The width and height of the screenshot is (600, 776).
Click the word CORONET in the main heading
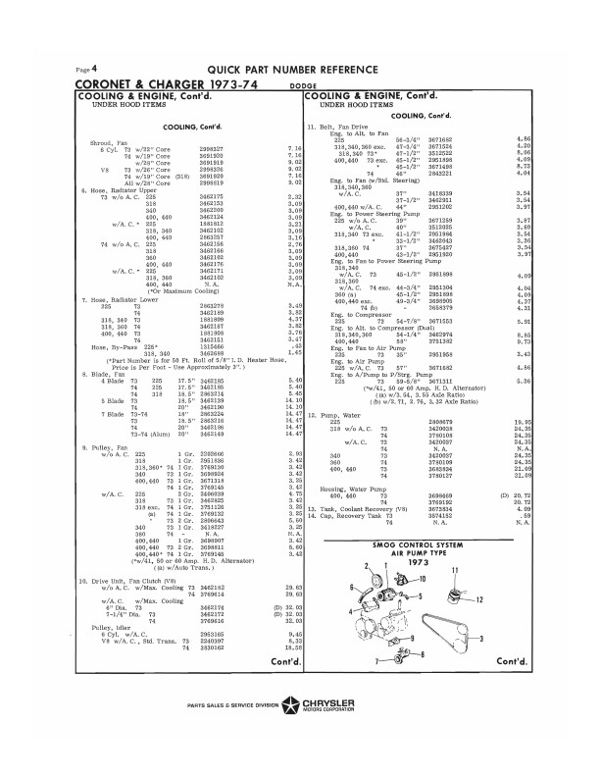click(x=107, y=83)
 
